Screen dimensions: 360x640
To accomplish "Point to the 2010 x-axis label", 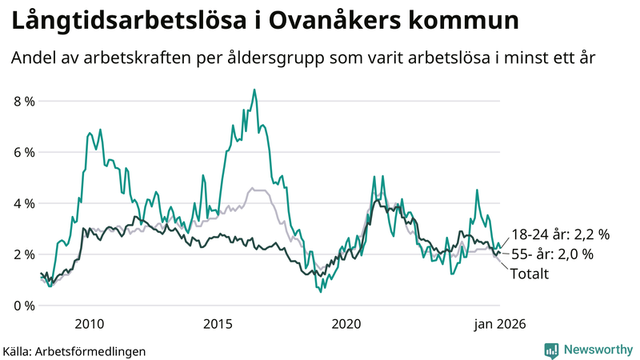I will click(89, 324).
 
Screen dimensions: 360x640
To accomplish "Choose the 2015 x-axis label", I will click(218, 324).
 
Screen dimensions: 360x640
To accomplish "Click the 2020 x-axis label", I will click(346, 324).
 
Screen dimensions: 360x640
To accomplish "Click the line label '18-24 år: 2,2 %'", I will click(560, 234).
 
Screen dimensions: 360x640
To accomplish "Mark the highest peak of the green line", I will click(254, 90).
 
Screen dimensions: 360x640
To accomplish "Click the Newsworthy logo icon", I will click(552, 350).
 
